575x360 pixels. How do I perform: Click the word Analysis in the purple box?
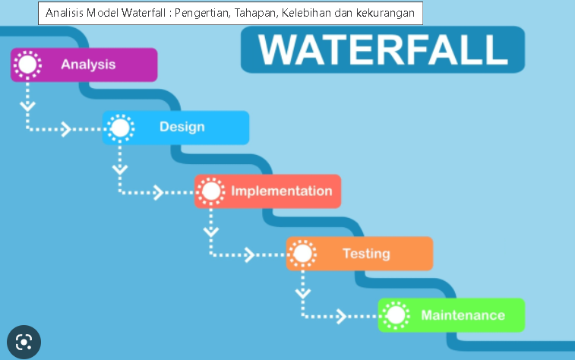coord(88,65)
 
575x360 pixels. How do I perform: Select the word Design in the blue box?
coord(182,127)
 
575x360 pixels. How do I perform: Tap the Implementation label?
coord(281,191)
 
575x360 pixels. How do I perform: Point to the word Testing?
coord(366,254)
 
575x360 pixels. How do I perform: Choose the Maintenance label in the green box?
coord(463,315)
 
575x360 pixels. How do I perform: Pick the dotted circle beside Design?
coord(119,128)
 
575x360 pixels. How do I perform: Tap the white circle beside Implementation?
coord(211,191)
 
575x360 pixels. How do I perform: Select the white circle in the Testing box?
coord(303,254)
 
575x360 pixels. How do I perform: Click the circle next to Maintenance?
coord(395,315)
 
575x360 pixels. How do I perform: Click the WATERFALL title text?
coord(383,50)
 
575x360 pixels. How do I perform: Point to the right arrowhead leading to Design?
coord(66,129)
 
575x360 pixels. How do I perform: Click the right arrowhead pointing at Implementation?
coord(158,192)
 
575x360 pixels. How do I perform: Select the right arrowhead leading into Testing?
coord(250,254)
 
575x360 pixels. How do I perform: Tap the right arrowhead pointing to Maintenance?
coord(341,316)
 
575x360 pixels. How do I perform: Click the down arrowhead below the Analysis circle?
coord(28,106)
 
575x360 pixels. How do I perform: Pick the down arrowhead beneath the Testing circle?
coord(303,292)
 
